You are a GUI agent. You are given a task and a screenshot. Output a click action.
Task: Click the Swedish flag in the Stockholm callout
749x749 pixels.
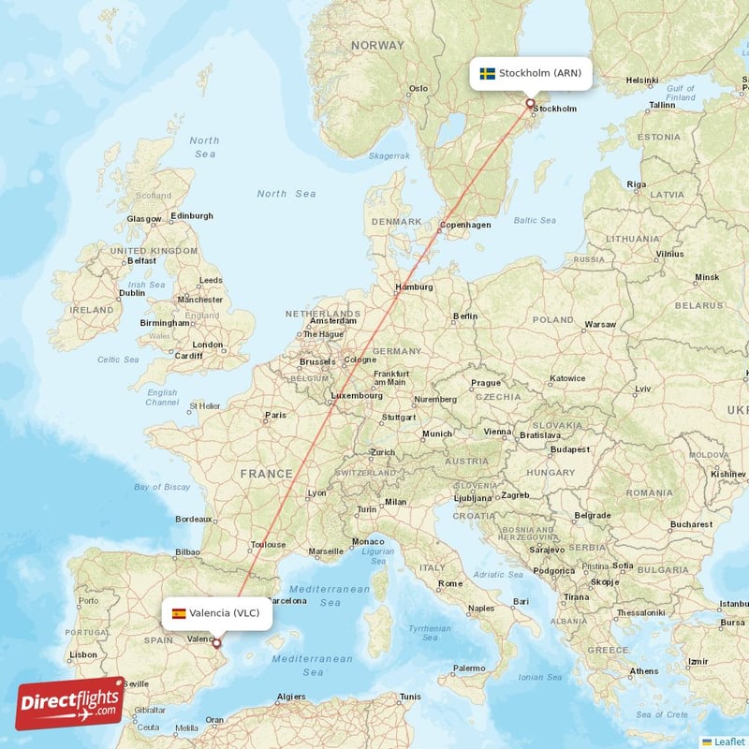coord(487,73)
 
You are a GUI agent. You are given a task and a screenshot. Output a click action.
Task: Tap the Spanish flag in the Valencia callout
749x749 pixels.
coord(178,614)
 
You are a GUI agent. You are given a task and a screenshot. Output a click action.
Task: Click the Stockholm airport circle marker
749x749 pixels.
coord(530,104)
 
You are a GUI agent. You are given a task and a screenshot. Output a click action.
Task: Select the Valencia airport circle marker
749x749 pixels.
coord(216,643)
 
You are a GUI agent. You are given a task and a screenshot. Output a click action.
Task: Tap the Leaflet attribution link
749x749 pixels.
coord(728,741)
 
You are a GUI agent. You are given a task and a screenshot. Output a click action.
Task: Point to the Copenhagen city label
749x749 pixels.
coord(465,225)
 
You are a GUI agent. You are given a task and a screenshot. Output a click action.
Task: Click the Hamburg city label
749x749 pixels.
coord(414,286)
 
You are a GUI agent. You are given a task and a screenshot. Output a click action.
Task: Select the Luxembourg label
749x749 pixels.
coord(356,395)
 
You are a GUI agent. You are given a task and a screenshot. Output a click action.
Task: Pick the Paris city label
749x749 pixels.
coord(275,415)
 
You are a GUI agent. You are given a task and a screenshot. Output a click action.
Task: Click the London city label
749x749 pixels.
coord(208,345)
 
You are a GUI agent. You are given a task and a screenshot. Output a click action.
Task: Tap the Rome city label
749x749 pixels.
coord(450,583)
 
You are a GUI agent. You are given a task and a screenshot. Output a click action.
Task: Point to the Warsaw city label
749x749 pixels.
coord(600,325)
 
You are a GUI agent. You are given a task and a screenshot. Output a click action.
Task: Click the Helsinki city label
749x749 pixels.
coord(642,81)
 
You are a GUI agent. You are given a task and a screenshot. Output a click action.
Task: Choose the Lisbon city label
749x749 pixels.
coord(83,654)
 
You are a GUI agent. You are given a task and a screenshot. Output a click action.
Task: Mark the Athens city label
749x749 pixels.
coord(644,670)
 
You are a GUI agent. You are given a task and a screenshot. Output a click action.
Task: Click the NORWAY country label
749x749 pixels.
coord(377,45)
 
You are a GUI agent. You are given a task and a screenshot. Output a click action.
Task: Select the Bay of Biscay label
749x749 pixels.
coord(162,487)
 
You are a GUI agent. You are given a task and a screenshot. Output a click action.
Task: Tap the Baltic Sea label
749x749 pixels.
coord(535,221)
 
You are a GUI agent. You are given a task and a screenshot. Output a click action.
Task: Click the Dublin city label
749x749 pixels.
coord(132,292)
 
